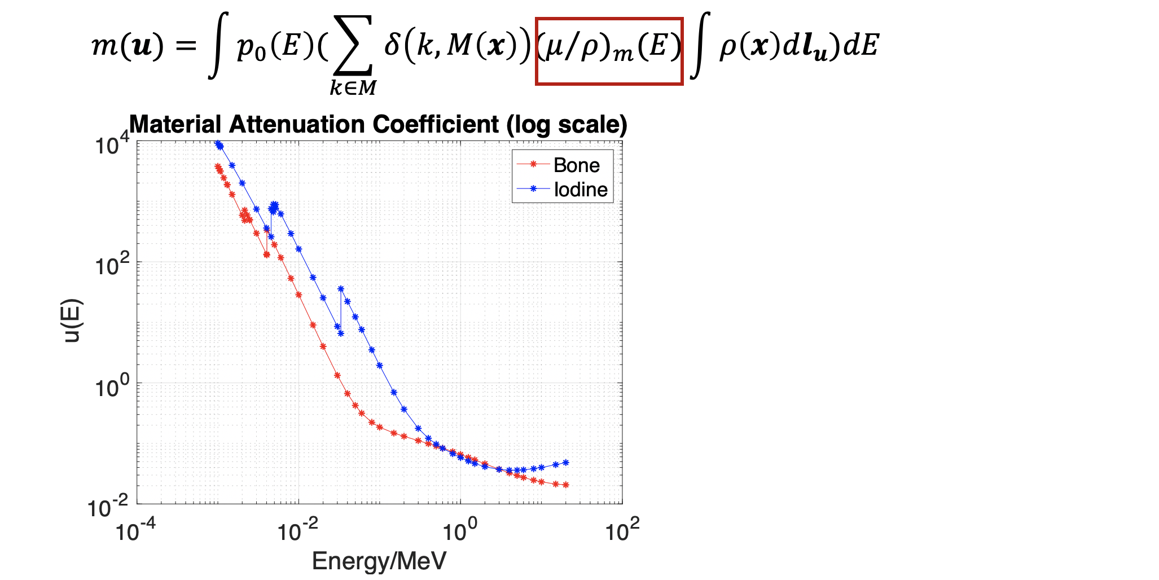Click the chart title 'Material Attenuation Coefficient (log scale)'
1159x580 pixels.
pyautogui.click(x=378, y=125)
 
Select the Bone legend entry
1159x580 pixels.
pyautogui.click(x=576, y=165)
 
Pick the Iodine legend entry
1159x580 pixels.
pyautogui.click(x=580, y=190)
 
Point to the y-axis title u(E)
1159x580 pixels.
pyautogui.click(x=73, y=321)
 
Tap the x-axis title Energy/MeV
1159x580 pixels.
pyautogui.click(x=379, y=561)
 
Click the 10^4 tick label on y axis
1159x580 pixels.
pyautogui.click(x=112, y=144)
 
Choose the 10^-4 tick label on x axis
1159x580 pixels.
pyautogui.click(x=135, y=531)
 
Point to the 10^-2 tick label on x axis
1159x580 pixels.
pyautogui.click(x=298, y=531)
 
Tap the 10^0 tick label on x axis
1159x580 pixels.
pyautogui.click(x=460, y=531)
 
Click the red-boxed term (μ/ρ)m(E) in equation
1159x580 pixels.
pyautogui.click(x=609, y=51)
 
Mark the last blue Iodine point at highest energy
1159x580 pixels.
pyautogui.click(x=566, y=463)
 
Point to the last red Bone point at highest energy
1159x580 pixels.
pyautogui.click(x=566, y=485)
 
